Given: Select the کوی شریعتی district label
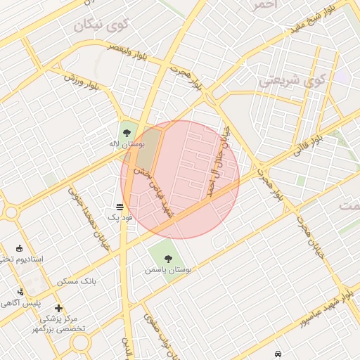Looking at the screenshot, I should tap(292, 79).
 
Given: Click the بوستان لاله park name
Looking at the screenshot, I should tap(126, 143).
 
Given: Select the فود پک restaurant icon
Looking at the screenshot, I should tap(119, 207).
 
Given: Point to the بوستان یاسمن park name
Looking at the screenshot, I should tap(169, 269).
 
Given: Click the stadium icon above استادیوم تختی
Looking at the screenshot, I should tap(19, 248).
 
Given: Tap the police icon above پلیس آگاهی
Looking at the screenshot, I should tap(20, 291).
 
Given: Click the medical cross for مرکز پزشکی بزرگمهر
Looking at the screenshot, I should tap(58, 308).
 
